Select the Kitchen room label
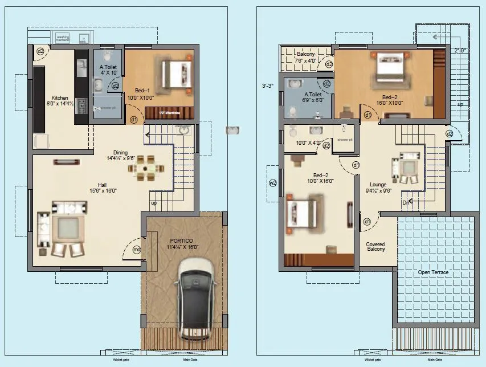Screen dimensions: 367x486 pos(60,97)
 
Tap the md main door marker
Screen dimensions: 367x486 pos(136,250)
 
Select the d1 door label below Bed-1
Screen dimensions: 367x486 pos(133,120)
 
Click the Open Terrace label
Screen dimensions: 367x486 pos(433,272)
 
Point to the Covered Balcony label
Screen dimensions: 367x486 pos(375,246)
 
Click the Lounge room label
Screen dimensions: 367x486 pos(378,185)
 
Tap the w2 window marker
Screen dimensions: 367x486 pos(272,183)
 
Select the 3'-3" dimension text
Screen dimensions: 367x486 pos(268,86)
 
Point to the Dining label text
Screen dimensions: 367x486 pos(120,152)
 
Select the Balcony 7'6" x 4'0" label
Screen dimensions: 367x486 pos(305,57)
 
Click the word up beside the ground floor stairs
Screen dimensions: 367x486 pos(154,203)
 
